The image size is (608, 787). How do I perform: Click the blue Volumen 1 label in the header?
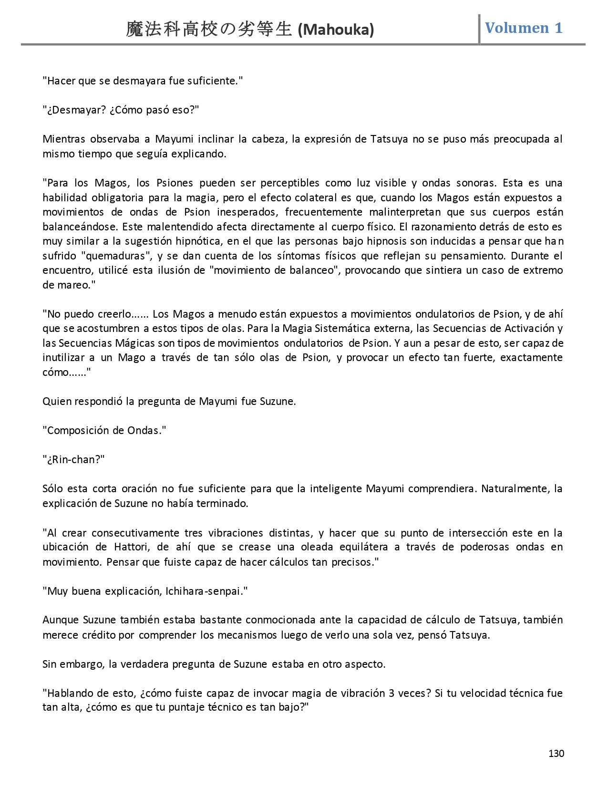pyautogui.click(x=524, y=28)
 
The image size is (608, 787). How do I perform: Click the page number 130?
pyautogui.click(x=556, y=754)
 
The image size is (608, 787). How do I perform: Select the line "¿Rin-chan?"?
pyautogui.click(x=73, y=459)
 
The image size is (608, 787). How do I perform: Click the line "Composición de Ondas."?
pyautogui.click(x=104, y=430)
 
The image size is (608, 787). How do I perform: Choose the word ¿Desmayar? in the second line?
pyautogui.click(x=71, y=110)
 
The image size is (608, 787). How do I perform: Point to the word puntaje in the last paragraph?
pyautogui.click(x=190, y=707)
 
